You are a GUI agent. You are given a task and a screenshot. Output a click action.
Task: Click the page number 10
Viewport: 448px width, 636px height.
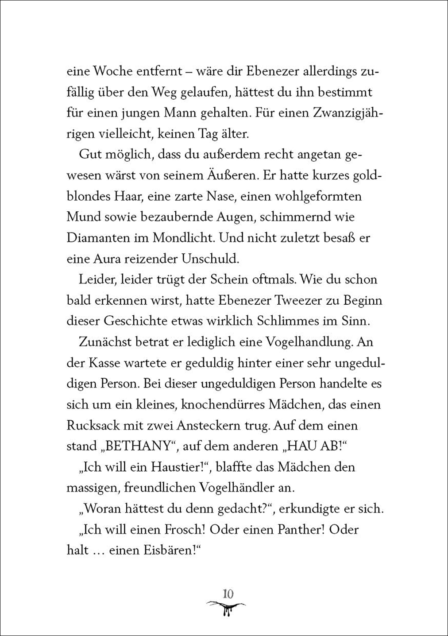click(228, 593)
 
